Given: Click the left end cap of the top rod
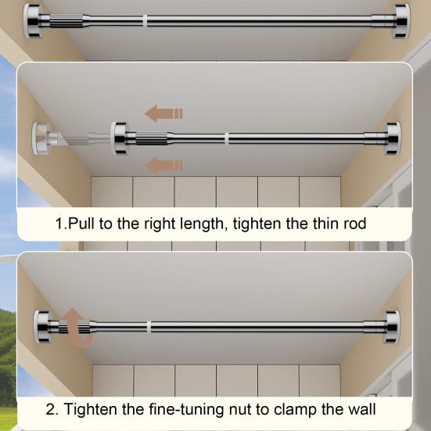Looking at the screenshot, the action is (32, 21).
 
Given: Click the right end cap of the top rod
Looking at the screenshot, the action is (401, 21).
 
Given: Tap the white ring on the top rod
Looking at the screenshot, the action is (145, 21).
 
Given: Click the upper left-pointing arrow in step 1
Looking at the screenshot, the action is (163, 113).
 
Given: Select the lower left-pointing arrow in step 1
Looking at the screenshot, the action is (163, 166).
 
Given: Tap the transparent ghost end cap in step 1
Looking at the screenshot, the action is (41, 138).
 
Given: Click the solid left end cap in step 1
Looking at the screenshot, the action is (120, 138).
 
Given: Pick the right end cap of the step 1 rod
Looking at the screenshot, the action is (393, 138).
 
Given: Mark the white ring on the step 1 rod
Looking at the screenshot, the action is (227, 138).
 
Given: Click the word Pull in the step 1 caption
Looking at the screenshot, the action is (81, 223).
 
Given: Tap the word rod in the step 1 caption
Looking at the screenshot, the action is (355, 223).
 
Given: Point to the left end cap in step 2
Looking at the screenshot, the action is (42, 327).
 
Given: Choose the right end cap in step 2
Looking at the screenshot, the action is (392, 327).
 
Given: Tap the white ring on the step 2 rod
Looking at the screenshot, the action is (149, 327).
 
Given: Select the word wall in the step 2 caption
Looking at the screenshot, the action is (361, 409).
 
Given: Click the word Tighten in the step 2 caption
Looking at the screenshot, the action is (91, 410).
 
